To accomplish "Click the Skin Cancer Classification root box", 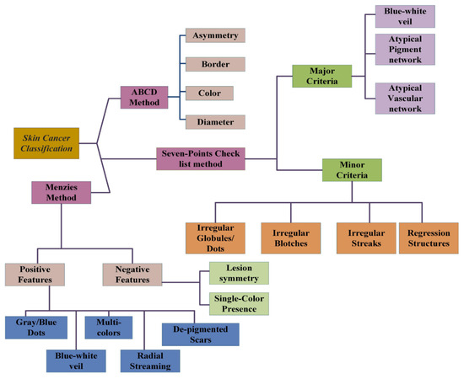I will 47,142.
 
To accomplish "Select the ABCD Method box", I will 145,95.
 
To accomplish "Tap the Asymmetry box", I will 215,35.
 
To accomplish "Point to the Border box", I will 215,64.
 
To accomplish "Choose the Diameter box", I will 215,121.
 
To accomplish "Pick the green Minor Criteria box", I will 351,171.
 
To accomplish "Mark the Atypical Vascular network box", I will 404,99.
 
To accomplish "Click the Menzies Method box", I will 62,194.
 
